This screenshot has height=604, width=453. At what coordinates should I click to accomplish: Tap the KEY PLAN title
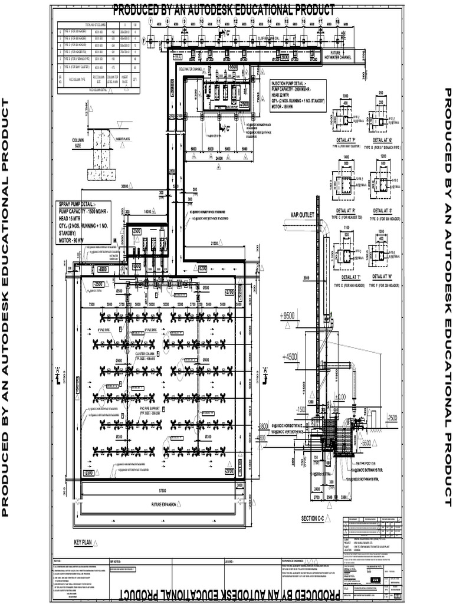tap(84, 540)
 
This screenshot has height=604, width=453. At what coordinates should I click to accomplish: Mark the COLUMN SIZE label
tap(78, 142)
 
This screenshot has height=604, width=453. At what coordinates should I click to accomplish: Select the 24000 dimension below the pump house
tap(218, 158)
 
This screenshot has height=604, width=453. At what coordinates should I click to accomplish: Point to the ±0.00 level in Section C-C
tap(340, 397)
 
